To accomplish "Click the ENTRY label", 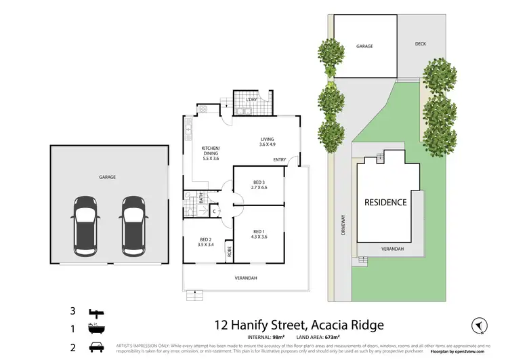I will pyautogui.click(x=280, y=160).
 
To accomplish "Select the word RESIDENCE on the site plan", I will pyautogui.click(x=385, y=202).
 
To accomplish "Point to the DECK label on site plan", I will pyautogui.click(x=421, y=45).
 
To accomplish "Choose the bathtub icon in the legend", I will pyautogui.click(x=96, y=329).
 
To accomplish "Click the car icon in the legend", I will pyautogui.click(x=96, y=347).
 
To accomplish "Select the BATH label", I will pyautogui.click(x=201, y=199).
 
